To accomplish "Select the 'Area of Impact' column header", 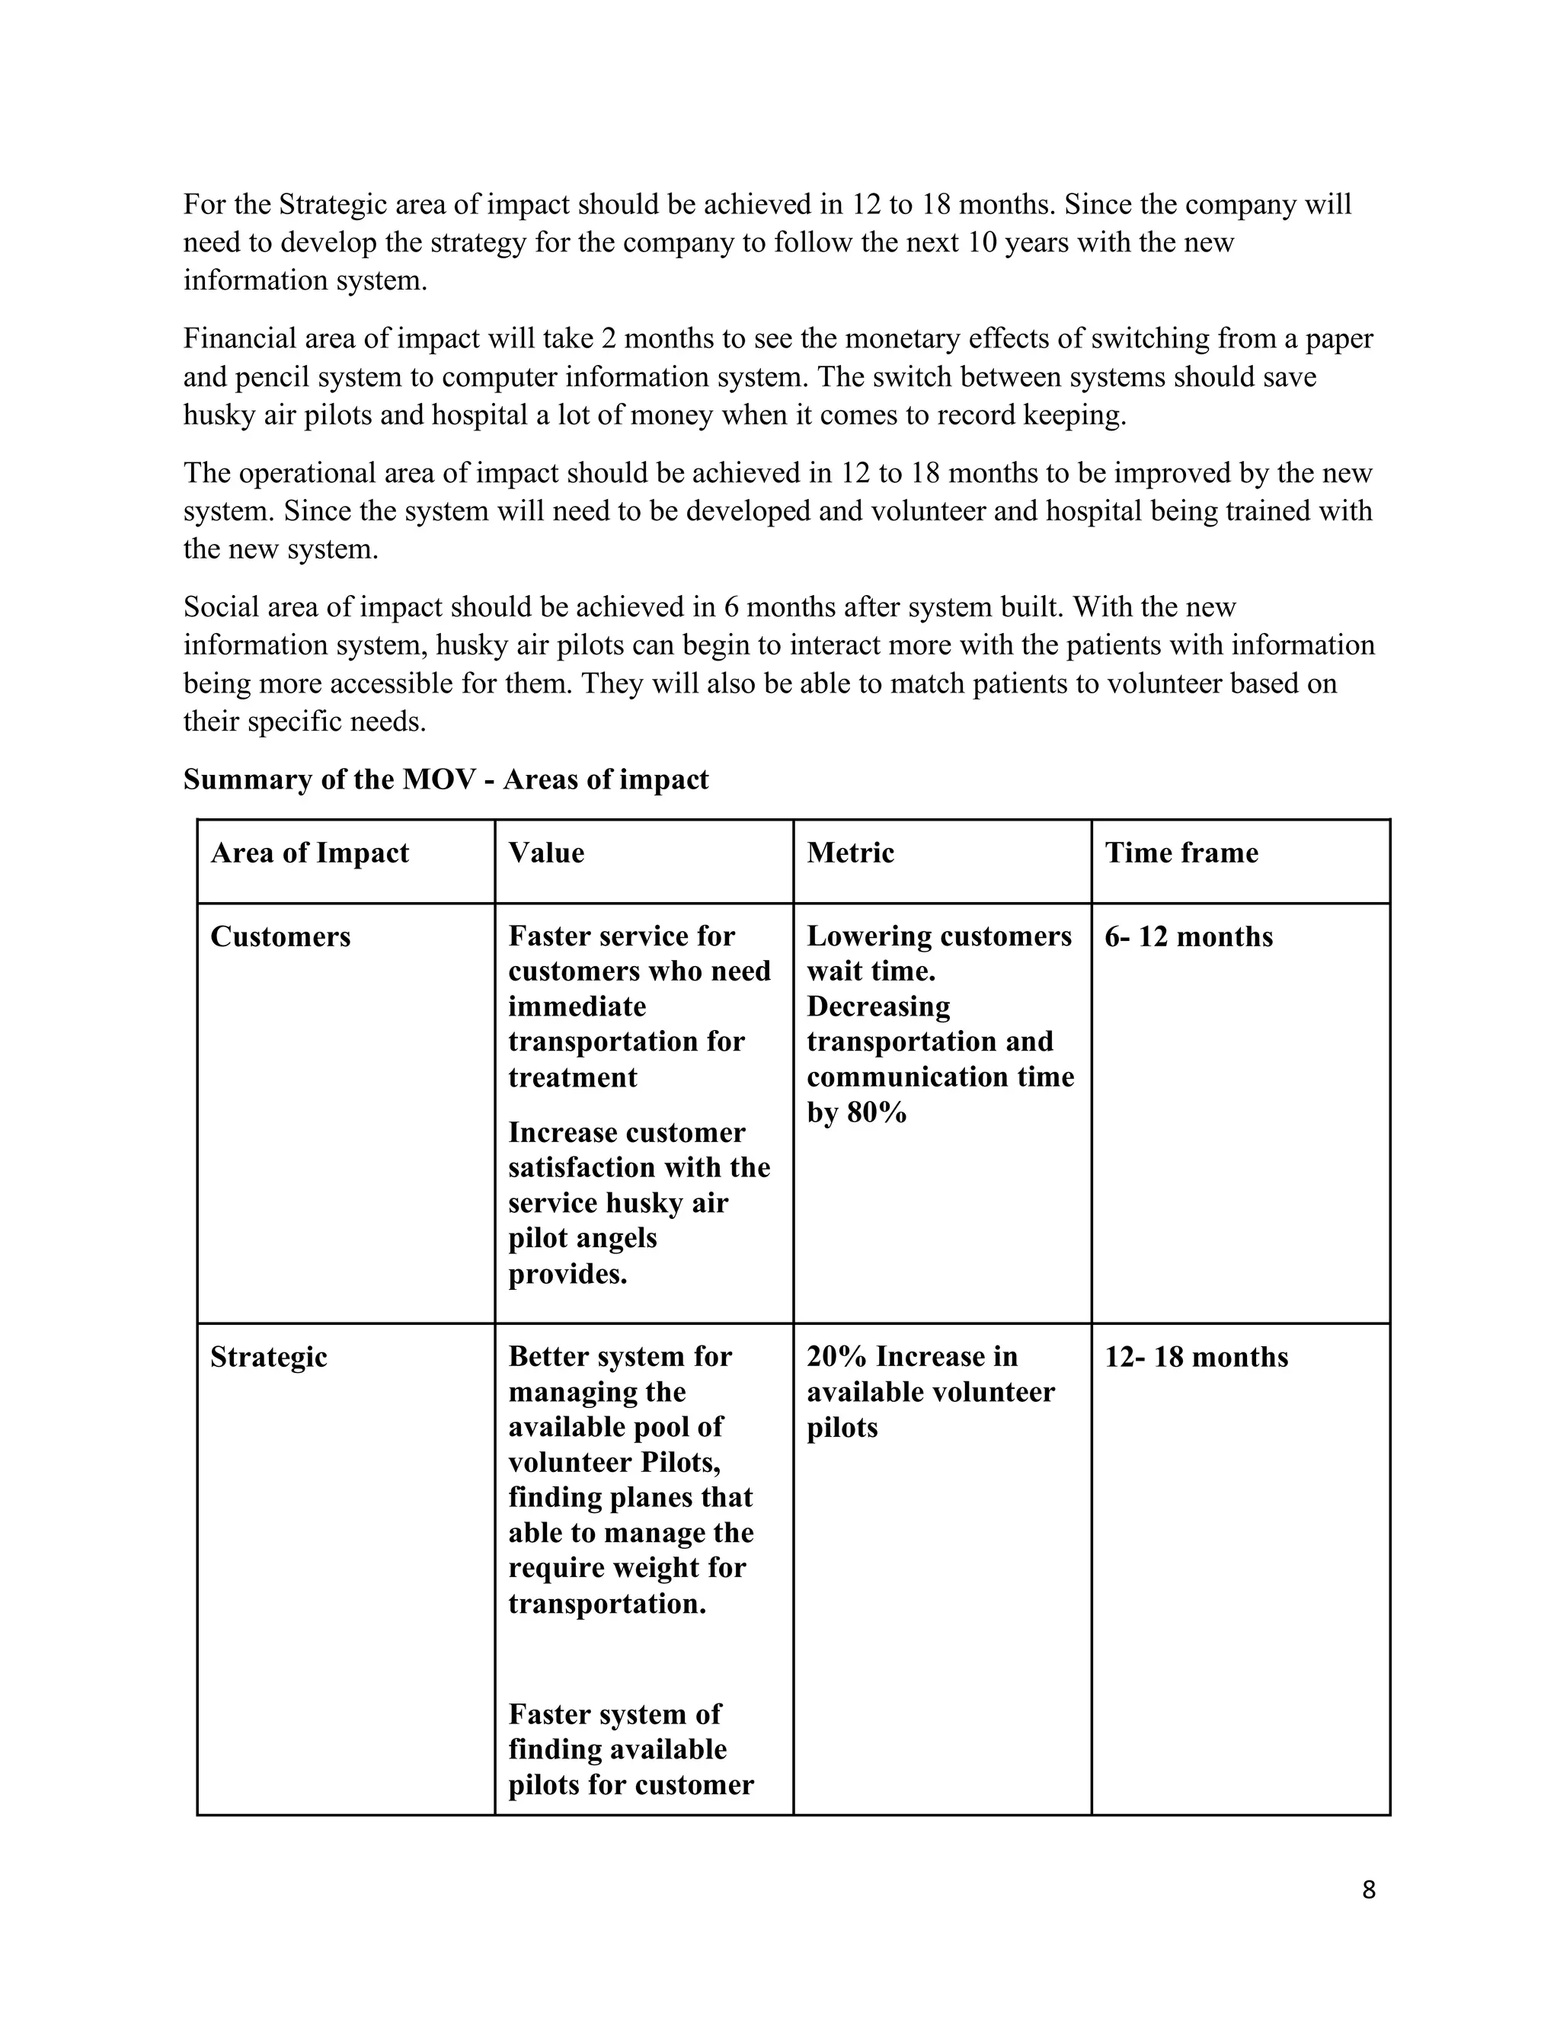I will point(309,853).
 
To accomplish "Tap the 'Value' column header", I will point(546,853).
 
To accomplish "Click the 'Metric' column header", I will point(850,853).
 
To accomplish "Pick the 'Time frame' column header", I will point(1181,853).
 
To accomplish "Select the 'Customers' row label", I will point(280,936).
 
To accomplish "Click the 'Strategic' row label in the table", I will point(268,1357).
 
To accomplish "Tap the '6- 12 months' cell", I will point(1188,936).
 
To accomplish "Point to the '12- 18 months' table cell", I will point(1196,1357).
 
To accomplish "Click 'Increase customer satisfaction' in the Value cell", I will point(638,1150).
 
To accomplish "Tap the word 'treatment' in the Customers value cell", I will point(572,1077).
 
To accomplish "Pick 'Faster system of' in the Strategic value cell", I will point(614,1714).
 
